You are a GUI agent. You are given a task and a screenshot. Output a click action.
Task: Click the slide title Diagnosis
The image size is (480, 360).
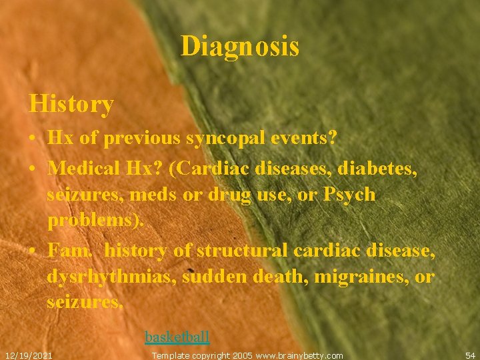(x=239, y=47)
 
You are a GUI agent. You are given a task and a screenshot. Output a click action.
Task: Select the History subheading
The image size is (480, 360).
(x=71, y=104)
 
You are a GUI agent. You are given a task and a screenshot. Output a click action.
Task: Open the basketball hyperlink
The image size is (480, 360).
(x=177, y=337)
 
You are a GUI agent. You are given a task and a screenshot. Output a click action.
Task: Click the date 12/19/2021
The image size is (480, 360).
(x=29, y=355)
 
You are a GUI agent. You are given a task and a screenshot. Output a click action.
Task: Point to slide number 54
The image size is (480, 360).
(x=470, y=355)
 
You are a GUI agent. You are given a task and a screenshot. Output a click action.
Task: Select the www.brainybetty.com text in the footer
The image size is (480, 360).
(x=299, y=355)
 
